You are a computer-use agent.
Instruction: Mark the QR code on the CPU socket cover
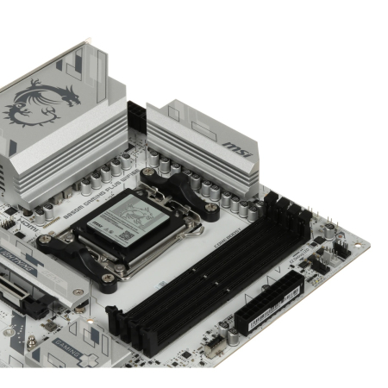click(122, 233)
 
